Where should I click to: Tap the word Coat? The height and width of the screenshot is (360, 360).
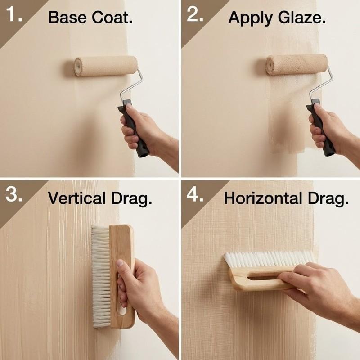tap(112, 17)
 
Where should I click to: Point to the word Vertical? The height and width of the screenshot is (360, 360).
tap(76, 198)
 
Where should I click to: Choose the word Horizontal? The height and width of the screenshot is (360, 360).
tap(263, 198)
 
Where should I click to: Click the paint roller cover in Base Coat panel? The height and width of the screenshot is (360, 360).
tap(106, 66)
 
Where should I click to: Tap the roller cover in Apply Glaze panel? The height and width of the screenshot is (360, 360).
tap(297, 64)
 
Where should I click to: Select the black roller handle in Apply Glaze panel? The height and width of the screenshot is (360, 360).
tap(321, 127)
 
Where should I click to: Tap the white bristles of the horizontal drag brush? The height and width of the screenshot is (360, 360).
tap(269, 260)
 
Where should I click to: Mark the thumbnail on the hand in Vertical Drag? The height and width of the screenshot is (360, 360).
tap(120, 263)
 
